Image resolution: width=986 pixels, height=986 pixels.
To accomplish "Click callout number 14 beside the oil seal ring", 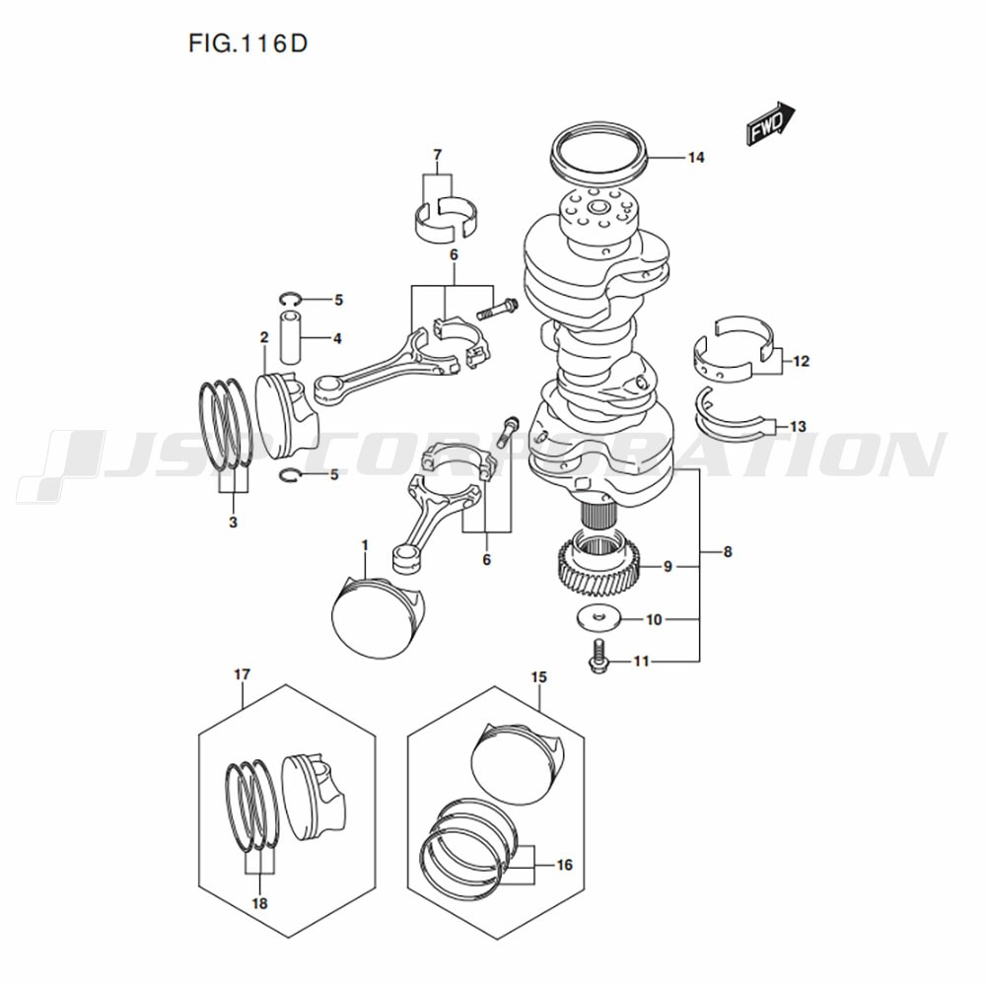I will coord(696,158).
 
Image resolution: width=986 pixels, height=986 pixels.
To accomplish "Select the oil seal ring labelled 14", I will coord(599,155).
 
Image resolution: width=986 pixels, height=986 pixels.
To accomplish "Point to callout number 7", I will coord(437,154).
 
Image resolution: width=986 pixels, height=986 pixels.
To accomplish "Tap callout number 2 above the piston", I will coord(264,337).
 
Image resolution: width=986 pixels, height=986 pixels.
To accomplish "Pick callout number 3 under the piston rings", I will coord(233,523).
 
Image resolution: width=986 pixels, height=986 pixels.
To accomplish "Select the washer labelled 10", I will coord(597,618).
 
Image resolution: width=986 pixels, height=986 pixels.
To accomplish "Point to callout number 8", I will coord(728,552).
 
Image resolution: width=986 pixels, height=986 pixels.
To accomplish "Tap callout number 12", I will coord(800,362).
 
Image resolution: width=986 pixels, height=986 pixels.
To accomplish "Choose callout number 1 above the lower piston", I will coord(364,545).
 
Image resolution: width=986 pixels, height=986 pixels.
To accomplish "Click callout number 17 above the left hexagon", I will coord(242,674).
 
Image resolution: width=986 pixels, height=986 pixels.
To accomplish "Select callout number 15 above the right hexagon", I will coord(538,677).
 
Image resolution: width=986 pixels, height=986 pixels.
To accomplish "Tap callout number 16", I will coord(564,866).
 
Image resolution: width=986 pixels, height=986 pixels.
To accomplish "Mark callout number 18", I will coord(260,902).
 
